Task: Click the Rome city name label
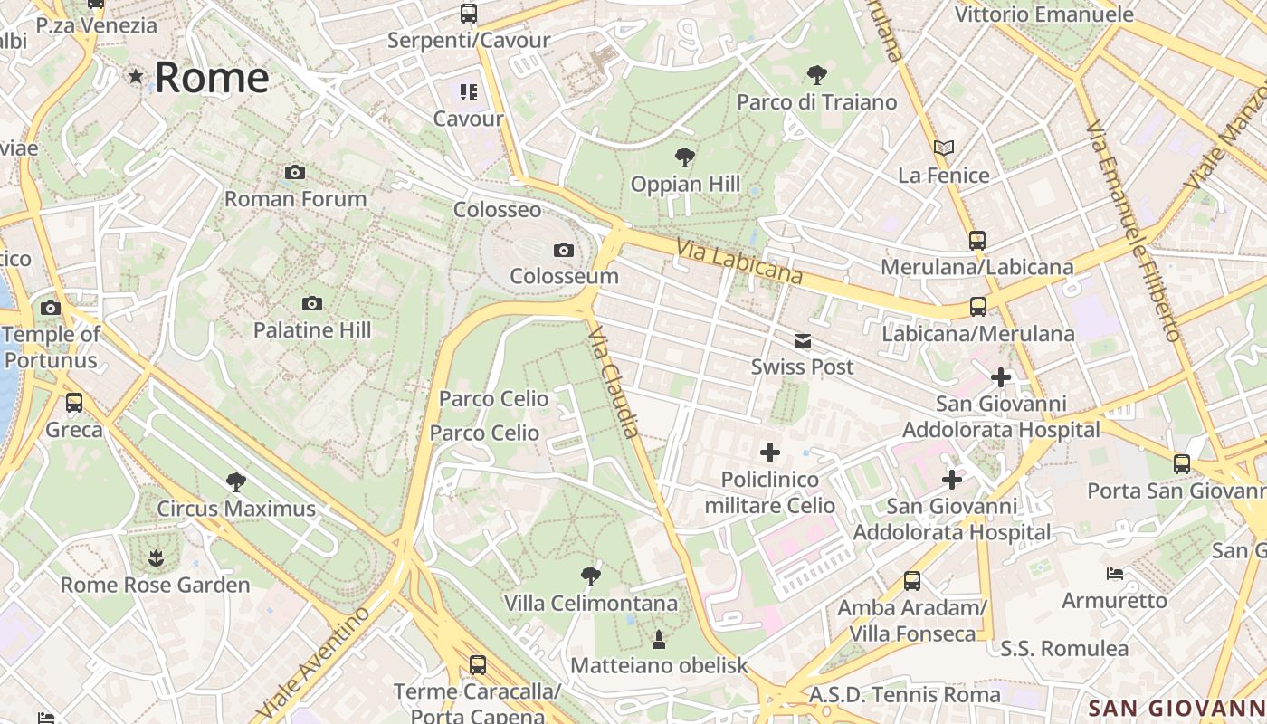coord(212,78)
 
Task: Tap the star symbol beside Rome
coord(136,77)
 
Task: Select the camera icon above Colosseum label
coord(564,250)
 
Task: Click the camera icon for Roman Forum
coord(294,172)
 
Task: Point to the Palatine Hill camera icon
coord(312,303)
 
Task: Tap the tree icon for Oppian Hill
coord(685,157)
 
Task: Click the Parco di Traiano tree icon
coord(816,74)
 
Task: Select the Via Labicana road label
coord(739,262)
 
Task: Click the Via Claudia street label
coord(614,382)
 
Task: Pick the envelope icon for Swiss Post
coord(802,341)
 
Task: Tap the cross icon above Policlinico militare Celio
coord(769,452)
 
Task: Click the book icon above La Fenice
coord(944,148)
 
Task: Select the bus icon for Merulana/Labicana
coord(977,241)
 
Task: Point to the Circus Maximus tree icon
coord(236,481)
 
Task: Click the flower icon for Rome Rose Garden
coord(156,557)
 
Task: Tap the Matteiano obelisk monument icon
coord(659,640)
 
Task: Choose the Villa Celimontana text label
coord(591,603)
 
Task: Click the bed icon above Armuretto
coord(1115,574)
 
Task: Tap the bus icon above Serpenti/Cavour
coord(468,14)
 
